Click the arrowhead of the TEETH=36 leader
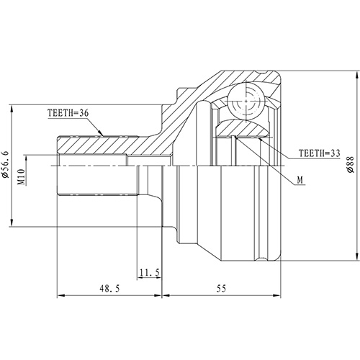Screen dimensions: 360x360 [104, 133]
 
